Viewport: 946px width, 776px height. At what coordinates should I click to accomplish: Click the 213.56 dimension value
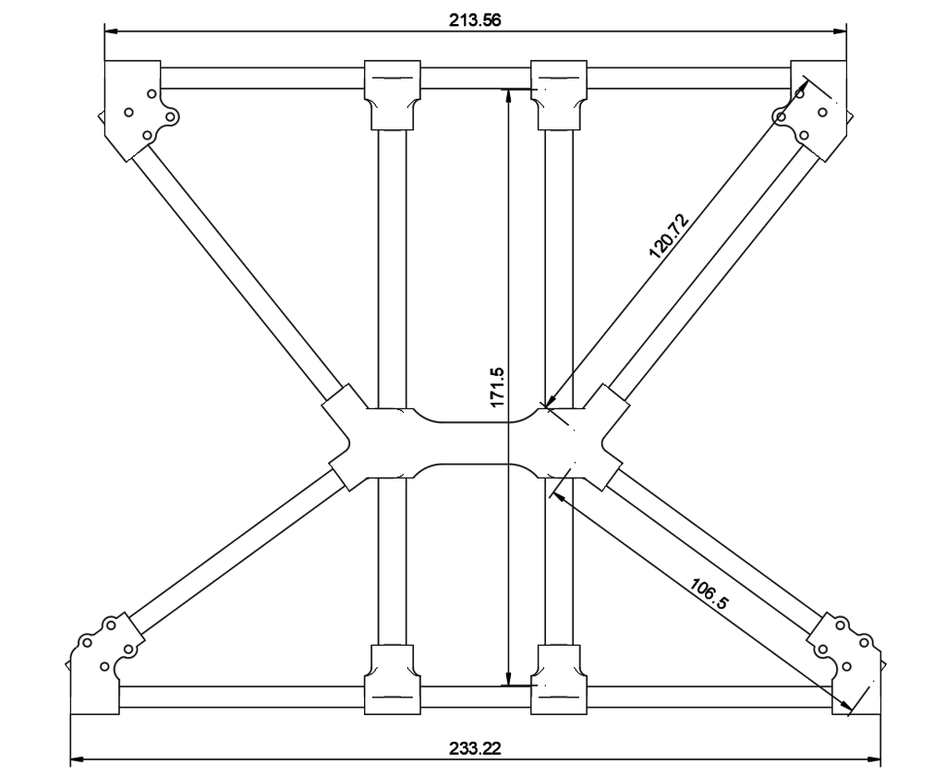click(475, 20)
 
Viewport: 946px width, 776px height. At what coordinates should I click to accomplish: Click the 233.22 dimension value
click(475, 749)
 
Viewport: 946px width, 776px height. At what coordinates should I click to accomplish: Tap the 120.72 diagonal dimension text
click(669, 236)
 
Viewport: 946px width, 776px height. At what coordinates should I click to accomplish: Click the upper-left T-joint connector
click(392, 94)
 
